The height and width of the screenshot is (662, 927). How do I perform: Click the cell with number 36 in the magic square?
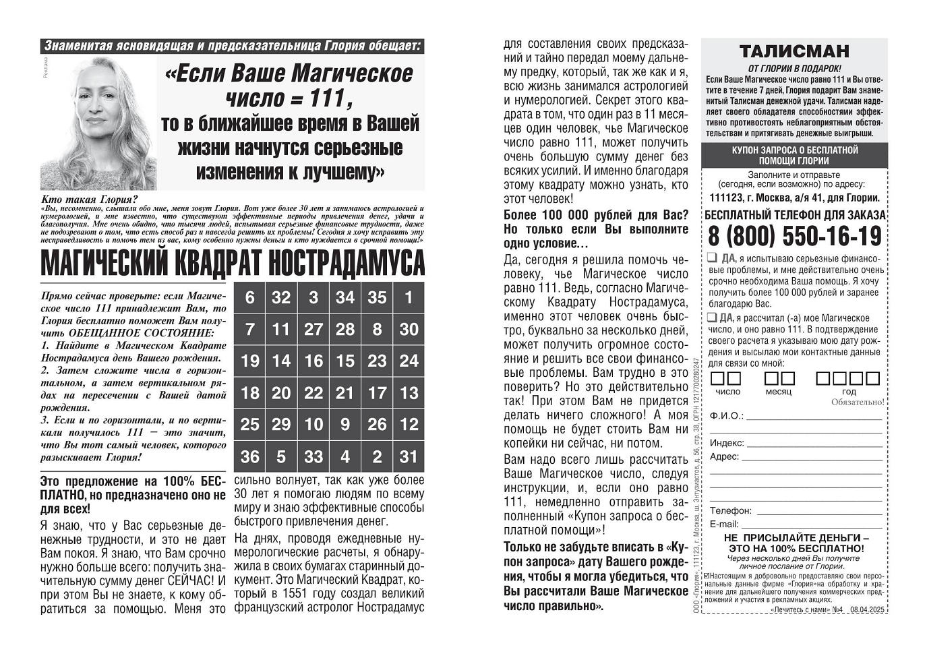[x=249, y=456]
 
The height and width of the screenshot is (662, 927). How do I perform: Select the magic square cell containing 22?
[x=313, y=393]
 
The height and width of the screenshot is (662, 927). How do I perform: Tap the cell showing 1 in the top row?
[x=409, y=297]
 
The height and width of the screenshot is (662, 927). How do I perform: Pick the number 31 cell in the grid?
[x=409, y=456]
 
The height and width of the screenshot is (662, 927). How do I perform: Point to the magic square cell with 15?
[x=345, y=361]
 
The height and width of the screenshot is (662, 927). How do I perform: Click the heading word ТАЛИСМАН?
[x=794, y=51]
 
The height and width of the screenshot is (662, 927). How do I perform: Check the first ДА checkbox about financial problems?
[x=712, y=258]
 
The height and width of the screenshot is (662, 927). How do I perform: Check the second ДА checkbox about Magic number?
[x=712, y=318]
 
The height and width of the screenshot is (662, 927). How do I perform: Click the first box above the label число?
[x=719, y=378]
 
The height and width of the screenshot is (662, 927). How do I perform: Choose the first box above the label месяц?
[x=771, y=378]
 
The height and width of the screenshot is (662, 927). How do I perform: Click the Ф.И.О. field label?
[x=726, y=416]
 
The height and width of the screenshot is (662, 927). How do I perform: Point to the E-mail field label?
[x=723, y=524]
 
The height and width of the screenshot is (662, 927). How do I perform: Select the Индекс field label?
[x=727, y=443]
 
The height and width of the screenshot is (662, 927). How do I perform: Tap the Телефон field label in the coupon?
[x=730, y=511]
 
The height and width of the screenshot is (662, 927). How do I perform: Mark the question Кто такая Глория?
[x=89, y=199]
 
